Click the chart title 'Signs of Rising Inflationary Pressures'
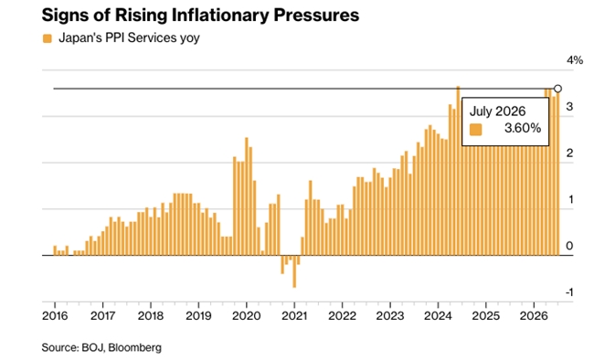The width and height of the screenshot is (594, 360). tap(200, 16)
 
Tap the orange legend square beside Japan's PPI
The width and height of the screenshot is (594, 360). tap(48, 38)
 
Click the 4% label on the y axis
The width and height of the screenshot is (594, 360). tap(575, 60)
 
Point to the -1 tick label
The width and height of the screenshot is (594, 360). tap(569, 292)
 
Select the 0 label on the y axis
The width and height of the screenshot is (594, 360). tap(569, 246)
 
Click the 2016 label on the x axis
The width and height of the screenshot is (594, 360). tap(55, 315)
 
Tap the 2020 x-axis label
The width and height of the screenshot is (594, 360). tap(247, 315)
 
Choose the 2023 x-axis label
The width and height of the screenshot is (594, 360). tap(390, 315)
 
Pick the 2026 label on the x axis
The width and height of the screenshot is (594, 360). tap(534, 315)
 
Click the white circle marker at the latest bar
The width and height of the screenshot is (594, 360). tap(557, 89)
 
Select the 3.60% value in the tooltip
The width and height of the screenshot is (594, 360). tap(523, 129)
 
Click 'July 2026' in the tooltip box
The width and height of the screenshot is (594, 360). tap(497, 111)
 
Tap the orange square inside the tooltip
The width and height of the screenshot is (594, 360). tap(476, 130)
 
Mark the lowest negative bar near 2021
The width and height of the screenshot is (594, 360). tap(294, 271)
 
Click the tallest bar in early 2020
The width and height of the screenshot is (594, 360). tap(247, 196)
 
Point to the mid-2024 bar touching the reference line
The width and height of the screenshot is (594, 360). tap(458, 171)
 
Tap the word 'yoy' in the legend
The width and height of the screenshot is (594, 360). tap(189, 38)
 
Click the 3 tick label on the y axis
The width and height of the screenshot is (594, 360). tap(569, 107)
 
